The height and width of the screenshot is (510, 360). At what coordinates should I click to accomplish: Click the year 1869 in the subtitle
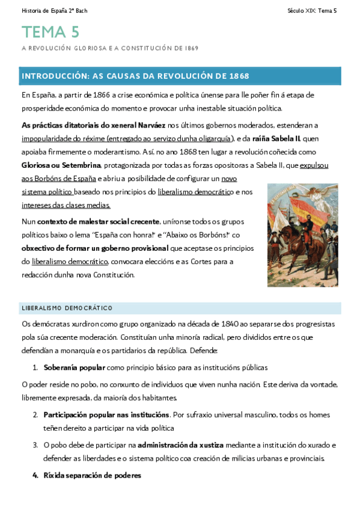[x=191, y=48]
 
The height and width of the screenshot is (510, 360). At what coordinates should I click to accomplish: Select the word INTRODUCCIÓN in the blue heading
[x=55, y=76]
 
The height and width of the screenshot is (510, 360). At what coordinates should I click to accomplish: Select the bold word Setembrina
[x=78, y=165]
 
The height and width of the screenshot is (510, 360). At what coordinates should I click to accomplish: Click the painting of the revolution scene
[x=302, y=235]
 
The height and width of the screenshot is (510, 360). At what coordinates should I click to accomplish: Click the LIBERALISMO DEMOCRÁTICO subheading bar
[x=180, y=308]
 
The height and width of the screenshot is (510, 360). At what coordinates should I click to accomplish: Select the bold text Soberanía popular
[x=75, y=367]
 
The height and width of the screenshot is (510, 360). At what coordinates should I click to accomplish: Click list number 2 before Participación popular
[x=35, y=415]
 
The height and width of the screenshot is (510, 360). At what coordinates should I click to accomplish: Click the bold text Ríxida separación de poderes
[x=92, y=475]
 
